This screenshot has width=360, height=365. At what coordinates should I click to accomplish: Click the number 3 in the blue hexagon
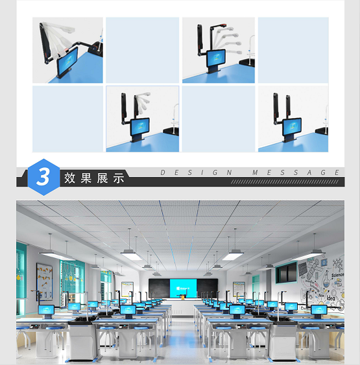[x=43, y=177]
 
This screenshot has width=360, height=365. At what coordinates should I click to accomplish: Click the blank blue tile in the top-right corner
[x=293, y=50]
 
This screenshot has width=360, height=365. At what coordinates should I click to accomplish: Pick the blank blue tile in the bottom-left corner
[x=67, y=119]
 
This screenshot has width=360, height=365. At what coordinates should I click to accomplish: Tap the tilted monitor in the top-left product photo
[x=68, y=65]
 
